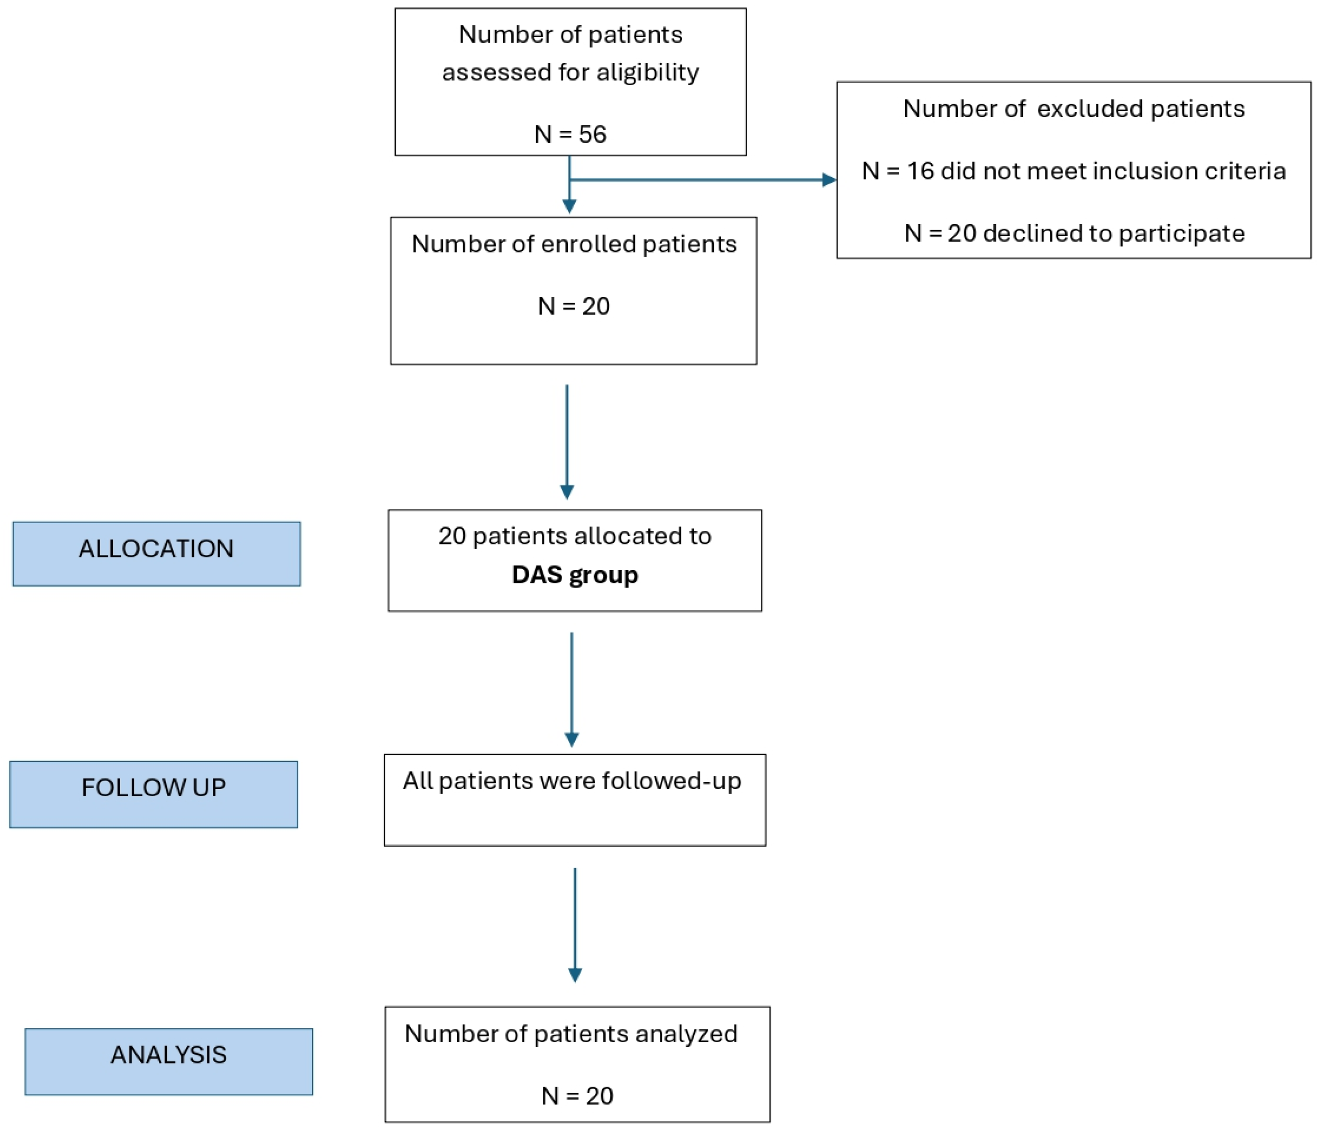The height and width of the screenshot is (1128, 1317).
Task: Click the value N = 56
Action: (570, 134)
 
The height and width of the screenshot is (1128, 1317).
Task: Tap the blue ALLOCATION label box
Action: (156, 554)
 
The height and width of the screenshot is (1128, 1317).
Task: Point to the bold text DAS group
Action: (574, 575)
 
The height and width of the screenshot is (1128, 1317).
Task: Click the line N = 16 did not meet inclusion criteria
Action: (1073, 171)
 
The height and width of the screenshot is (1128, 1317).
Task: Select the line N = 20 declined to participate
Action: (1073, 233)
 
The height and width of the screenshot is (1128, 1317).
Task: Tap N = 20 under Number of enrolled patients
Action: (573, 306)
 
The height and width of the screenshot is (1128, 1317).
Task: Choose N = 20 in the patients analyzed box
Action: (577, 1096)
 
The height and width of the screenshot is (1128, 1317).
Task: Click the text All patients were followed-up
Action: (571, 780)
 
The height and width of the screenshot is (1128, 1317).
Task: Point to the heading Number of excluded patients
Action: (1073, 109)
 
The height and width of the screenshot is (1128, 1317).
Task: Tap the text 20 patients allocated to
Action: (574, 536)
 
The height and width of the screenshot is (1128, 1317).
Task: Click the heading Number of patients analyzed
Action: (571, 1034)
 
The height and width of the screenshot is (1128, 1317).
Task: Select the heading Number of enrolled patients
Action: (573, 244)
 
